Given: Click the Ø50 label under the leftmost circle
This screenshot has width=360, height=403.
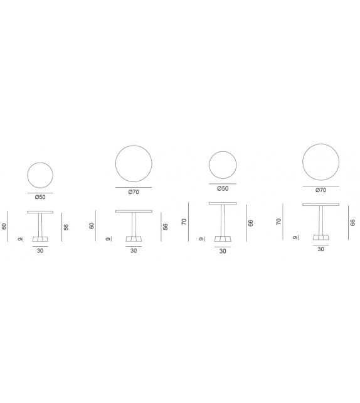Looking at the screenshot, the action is (x=40, y=197).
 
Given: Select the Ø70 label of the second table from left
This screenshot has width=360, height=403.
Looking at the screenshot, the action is (x=134, y=192).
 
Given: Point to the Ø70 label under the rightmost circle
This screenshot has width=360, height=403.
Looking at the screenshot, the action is (x=320, y=190).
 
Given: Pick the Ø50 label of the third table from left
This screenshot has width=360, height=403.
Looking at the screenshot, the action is (x=223, y=189).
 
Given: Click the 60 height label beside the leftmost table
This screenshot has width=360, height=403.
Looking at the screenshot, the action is (x=4, y=227).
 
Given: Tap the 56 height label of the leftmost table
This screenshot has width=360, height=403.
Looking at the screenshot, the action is (x=66, y=227).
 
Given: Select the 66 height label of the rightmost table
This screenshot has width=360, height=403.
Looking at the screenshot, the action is (x=353, y=223).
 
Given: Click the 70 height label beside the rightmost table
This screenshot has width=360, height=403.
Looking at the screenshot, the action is (x=279, y=222).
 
